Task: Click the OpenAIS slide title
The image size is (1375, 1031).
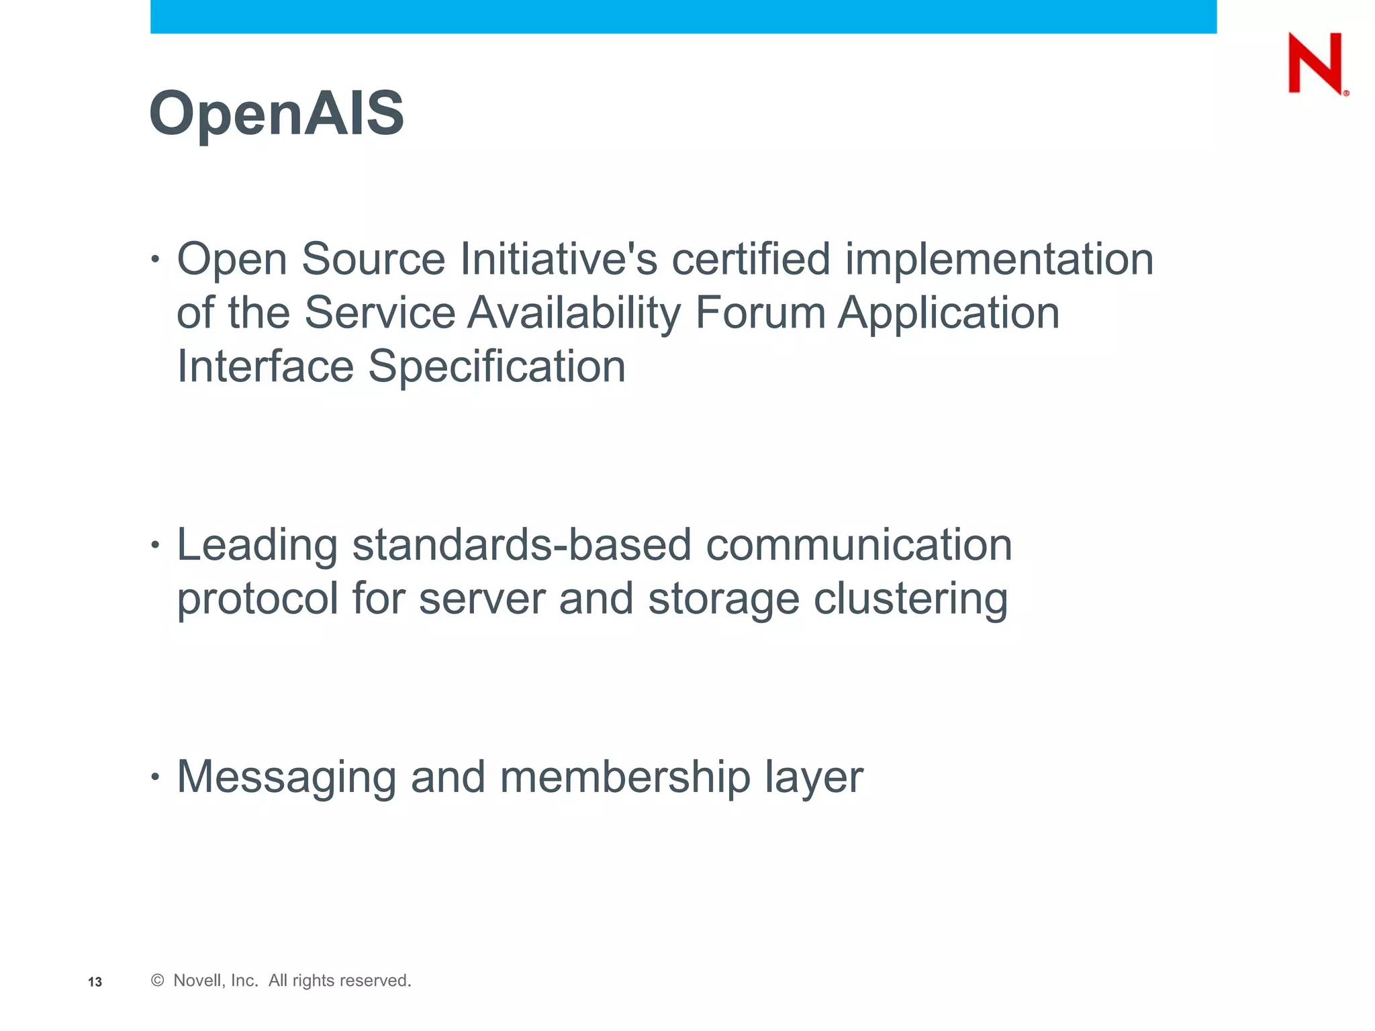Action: tap(277, 113)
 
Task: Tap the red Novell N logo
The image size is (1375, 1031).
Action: tap(1316, 63)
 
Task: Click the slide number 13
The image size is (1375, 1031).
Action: tap(95, 982)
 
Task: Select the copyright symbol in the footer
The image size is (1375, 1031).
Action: tap(158, 981)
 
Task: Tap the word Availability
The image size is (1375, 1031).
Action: tap(574, 313)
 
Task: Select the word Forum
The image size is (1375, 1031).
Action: tap(760, 313)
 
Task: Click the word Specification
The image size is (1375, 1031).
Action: tap(497, 367)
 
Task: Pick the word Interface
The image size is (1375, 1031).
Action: tap(265, 367)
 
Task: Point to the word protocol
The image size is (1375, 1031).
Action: tap(257, 599)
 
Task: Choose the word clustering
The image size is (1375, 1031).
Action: tap(910, 599)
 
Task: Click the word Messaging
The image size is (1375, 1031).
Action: tap(287, 777)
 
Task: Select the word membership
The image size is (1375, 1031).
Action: tap(624, 777)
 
